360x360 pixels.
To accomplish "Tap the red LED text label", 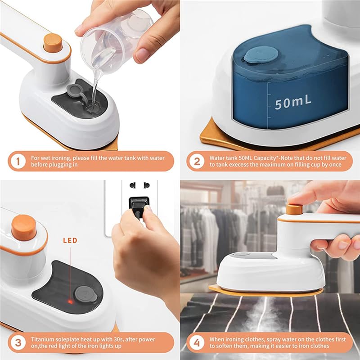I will (x=70, y=241).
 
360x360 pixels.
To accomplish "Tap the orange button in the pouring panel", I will (x=53, y=43).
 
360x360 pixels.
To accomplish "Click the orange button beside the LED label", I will (x=24, y=227).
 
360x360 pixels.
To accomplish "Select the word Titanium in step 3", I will (x=45, y=338).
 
